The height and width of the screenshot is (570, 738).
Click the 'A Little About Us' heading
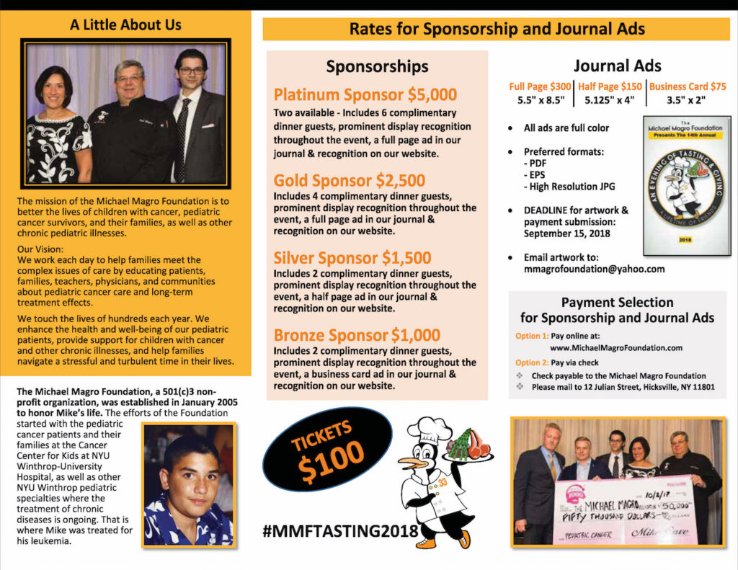[125, 25]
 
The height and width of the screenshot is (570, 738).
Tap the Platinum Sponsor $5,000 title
[365, 95]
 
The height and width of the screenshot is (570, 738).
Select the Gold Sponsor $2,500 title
[350, 180]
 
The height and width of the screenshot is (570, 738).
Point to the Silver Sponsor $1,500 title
[352, 258]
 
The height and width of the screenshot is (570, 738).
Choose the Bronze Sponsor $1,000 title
[357, 335]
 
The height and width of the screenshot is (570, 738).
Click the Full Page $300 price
[539, 86]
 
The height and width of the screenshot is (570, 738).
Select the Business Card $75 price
[688, 86]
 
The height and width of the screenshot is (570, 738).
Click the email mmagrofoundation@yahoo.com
[594, 269]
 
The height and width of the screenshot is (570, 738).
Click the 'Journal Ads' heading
[617, 66]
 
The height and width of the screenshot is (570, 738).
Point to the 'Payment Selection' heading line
[617, 302]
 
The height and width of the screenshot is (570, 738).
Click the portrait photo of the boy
[188, 483]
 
